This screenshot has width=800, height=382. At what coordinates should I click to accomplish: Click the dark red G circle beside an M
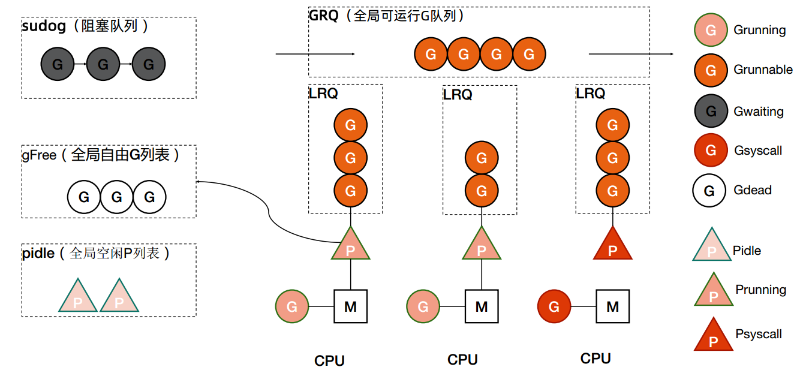pos(554,306)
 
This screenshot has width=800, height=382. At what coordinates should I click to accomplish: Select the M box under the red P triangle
pos(612,306)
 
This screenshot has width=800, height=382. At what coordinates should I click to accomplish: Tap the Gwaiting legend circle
pos(711,112)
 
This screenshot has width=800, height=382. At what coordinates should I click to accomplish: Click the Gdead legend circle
pos(709,191)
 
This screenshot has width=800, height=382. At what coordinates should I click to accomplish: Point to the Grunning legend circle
pos(711,30)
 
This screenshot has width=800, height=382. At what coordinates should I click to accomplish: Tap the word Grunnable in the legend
pos(763,70)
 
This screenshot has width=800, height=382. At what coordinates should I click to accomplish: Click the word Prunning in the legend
pos(760,290)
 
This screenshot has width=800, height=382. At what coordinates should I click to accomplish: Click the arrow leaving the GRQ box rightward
pos(630,54)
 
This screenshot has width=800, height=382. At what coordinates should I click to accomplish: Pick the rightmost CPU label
pos(596,359)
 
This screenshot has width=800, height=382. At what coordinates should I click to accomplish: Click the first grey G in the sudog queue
pos(58,64)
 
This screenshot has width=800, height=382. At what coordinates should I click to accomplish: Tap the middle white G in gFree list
pos(117,197)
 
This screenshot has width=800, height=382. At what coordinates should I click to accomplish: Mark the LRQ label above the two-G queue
pos(458,95)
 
